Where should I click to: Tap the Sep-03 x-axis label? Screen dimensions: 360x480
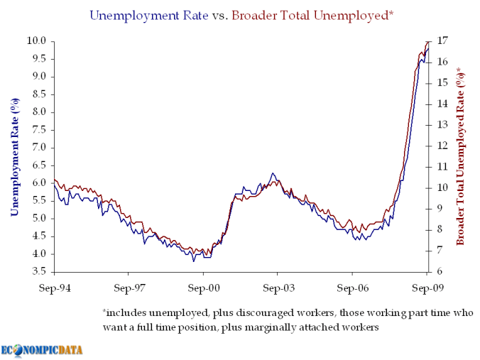click(277, 289)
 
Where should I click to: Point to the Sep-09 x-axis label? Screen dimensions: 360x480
click(427, 289)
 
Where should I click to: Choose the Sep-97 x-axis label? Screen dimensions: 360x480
click(128, 289)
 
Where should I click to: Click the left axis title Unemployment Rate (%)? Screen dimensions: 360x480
click(14, 157)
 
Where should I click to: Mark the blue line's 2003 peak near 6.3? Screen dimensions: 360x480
click(272, 173)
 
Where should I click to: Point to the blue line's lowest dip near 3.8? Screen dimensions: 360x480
click(194, 261)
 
